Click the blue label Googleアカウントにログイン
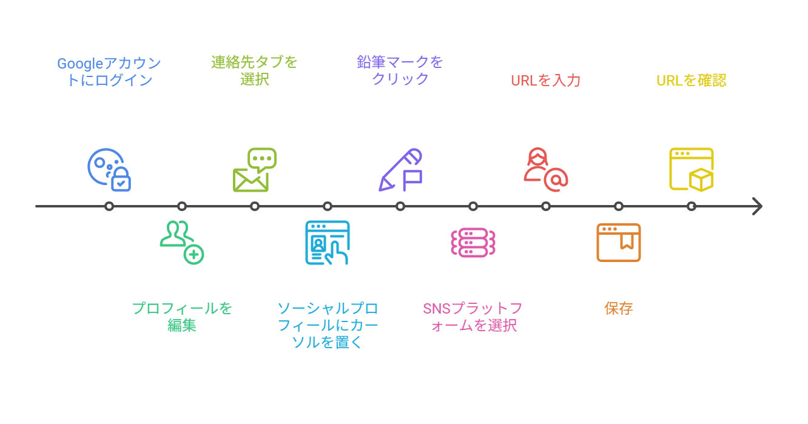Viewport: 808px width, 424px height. point(109,72)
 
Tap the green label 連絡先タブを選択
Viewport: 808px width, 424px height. point(255,70)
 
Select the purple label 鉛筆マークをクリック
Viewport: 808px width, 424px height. point(400,70)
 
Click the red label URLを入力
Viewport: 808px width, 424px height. point(546,80)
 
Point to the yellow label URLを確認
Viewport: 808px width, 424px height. point(692,80)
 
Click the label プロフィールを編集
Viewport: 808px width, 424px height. point(182,317)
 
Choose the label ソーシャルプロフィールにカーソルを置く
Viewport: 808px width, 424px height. point(328,325)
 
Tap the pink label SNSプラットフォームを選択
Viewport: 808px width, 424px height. point(473,317)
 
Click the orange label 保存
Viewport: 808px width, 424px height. point(619,308)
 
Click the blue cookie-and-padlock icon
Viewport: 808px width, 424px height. point(109,170)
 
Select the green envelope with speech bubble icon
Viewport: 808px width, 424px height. point(255,170)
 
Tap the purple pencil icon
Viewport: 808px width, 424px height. point(400,170)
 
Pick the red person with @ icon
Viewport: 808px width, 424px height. point(545,170)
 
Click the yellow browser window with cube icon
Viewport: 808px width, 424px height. point(692,170)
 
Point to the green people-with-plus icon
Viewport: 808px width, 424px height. point(182,243)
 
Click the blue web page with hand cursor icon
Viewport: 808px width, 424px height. point(328,243)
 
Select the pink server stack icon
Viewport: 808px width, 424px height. point(473,243)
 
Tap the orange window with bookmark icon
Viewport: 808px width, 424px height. point(619,243)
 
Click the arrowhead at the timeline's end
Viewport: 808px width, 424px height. point(756,206)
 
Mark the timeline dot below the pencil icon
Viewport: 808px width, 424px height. point(400,206)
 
